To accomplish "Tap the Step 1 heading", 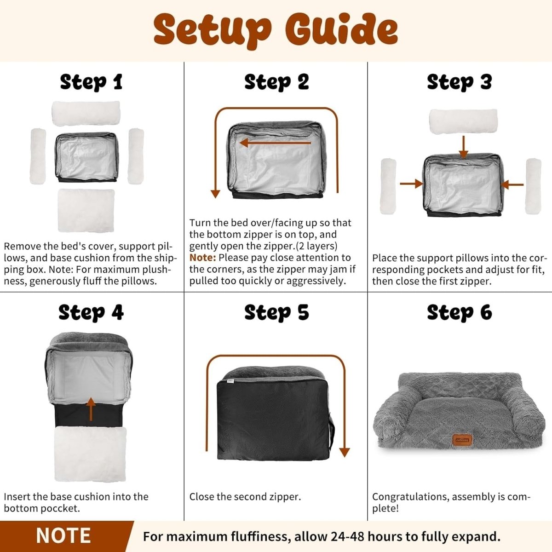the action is [x=92, y=82].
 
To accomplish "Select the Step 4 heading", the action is [x=91, y=312].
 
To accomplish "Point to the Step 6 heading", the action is [x=460, y=312].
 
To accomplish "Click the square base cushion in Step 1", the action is [x=86, y=210].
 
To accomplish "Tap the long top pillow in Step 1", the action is [x=86, y=113].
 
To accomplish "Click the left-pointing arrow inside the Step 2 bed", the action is [x=275, y=143].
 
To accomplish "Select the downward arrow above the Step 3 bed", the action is [x=464, y=147].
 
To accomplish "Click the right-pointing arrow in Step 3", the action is [x=411, y=184].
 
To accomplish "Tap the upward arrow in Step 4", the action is [x=91, y=409].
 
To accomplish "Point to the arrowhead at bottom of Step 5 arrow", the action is [x=345, y=452].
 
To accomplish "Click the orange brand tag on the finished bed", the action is [x=462, y=440].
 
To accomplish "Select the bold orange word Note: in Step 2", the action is [x=202, y=258].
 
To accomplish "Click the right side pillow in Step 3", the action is [x=534, y=186].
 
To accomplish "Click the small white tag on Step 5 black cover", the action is [x=230, y=381].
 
